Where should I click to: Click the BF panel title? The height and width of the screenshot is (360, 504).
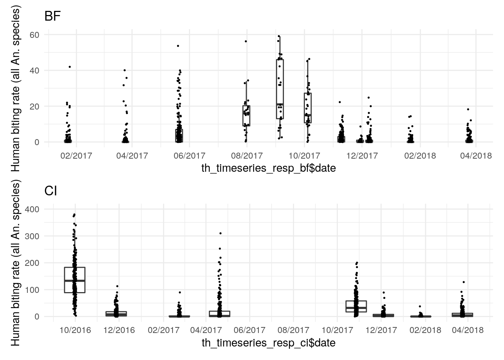52,16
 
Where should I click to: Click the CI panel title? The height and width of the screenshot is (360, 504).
51,191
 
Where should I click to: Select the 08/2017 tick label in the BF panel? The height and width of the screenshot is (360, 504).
247,156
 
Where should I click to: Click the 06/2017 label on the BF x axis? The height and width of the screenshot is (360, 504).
190,156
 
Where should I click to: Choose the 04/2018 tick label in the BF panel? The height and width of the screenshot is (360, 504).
476,156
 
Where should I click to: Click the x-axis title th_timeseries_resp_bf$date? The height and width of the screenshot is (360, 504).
268,168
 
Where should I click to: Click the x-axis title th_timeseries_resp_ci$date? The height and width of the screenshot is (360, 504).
268,343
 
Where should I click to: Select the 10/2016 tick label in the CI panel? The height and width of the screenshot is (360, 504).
75,330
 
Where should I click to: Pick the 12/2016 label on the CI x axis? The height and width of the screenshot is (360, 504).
119,330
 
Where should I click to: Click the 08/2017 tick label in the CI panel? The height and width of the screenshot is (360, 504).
294,330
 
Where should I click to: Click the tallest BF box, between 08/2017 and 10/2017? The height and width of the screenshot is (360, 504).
280,89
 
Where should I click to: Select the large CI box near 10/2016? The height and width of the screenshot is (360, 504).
75,280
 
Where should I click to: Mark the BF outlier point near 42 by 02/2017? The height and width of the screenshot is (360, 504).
70,67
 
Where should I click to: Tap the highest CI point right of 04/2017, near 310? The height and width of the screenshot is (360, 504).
220,233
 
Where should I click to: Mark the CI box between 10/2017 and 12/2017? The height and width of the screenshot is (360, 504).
356,306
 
